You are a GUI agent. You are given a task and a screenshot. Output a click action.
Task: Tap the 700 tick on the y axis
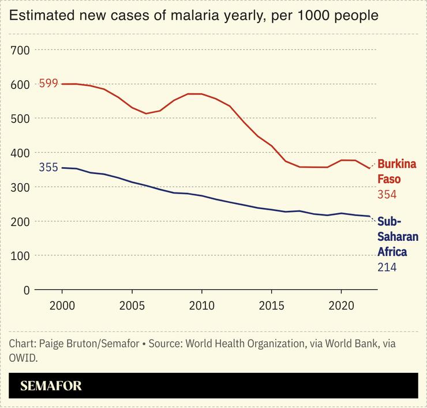[20, 50]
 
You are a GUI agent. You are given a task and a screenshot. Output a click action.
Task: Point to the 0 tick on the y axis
[26, 290]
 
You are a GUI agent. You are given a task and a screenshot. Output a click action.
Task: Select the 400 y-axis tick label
[20, 153]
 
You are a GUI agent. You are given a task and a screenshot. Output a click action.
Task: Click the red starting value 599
[48, 84]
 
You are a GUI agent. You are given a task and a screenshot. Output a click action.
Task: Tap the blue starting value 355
[48, 168]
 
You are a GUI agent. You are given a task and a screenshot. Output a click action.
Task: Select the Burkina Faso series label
[396, 171]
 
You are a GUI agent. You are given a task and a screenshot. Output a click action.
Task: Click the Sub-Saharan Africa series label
[398, 236]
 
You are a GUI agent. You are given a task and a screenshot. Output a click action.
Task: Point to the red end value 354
[387, 195]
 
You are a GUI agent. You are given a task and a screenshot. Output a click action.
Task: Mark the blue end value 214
[387, 267]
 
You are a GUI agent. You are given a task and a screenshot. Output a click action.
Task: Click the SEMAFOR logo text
[51, 386]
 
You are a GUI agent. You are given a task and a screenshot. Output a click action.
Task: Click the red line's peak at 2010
[201, 94]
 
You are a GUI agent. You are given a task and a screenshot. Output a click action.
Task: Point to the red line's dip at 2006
[146, 114]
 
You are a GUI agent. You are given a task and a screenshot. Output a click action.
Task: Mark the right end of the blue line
[369, 216]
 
